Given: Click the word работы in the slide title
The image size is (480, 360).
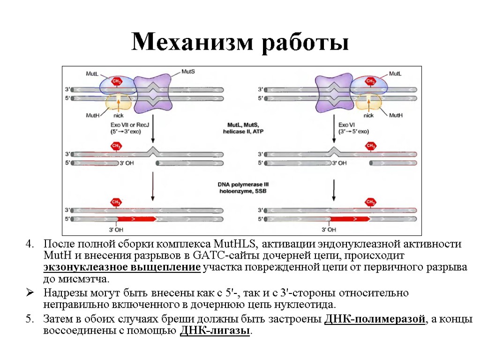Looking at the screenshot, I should [x=305, y=43].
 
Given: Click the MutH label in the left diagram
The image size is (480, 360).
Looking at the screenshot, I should [x=92, y=115].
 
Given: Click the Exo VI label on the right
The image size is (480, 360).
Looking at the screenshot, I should [x=347, y=125].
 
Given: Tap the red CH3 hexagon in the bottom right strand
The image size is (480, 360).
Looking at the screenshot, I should [x=371, y=202].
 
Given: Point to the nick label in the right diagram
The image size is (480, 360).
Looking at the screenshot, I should [x=368, y=115].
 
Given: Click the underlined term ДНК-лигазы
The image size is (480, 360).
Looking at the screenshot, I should [x=215, y=330].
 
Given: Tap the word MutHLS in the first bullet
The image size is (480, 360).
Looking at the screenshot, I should [x=233, y=244].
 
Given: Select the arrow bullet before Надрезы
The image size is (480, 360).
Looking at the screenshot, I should [x=30, y=293].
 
